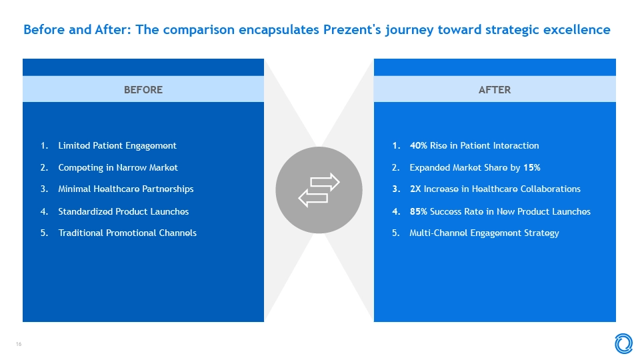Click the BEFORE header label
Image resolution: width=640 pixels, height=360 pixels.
(143, 90)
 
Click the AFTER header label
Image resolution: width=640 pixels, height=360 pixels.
(494, 90)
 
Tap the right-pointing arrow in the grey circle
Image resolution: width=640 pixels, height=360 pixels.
(325, 182)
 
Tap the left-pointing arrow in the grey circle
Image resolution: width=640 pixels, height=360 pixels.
(313, 199)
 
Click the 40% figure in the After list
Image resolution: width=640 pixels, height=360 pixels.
(419, 146)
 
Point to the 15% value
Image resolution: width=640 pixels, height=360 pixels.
(532, 168)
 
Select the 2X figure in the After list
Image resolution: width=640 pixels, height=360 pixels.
(415, 189)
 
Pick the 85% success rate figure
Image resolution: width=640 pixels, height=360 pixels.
(419, 211)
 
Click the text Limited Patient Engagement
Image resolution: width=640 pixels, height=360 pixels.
(117, 146)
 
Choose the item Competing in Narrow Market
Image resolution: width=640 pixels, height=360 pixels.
(118, 168)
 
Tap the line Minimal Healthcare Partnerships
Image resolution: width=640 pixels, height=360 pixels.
(126, 189)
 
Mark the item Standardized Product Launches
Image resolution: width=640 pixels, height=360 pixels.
(123, 211)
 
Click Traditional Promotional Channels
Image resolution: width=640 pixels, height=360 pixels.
(127, 233)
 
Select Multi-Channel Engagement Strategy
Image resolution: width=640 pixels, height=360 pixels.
(484, 233)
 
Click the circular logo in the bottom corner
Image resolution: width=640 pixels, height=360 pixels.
(624, 343)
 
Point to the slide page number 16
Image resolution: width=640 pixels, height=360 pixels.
(19, 344)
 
